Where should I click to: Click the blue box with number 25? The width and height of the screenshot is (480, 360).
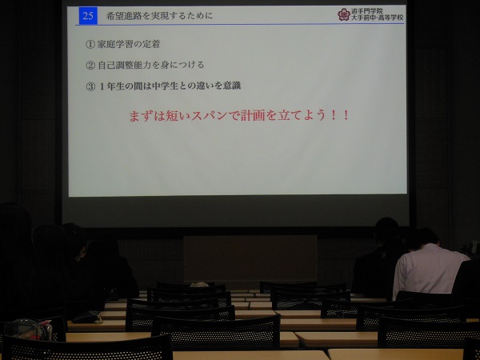pyautogui.click(x=88, y=16)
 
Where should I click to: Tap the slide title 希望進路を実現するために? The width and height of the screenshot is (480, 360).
pyautogui.click(x=159, y=16)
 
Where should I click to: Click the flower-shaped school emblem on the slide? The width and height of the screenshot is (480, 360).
pyautogui.click(x=343, y=14)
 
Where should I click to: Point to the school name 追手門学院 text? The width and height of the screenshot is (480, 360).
pyautogui.click(x=366, y=11)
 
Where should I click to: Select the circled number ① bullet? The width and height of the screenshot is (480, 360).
pyautogui.click(x=90, y=45)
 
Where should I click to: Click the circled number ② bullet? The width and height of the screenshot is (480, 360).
pyautogui.click(x=90, y=66)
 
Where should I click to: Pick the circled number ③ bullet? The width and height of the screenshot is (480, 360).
pyautogui.click(x=90, y=86)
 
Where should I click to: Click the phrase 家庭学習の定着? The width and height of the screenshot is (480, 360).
pyautogui.click(x=129, y=44)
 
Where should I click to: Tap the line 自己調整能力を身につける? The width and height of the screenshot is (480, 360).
pyautogui.click(x=151, y=65)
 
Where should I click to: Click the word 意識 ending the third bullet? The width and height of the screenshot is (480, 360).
pyautogui.click(x=232, y=86)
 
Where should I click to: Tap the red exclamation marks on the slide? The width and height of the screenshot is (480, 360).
pyautogui.click(x=340, y=115)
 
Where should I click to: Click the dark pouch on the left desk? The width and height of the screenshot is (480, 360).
pyautogui.click(x=87, y=317)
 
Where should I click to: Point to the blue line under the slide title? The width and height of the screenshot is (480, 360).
pyautogui.click(x=240, y=24)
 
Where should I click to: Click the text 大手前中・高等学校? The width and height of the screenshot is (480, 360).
pyautogui.click(x=377, y=18)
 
